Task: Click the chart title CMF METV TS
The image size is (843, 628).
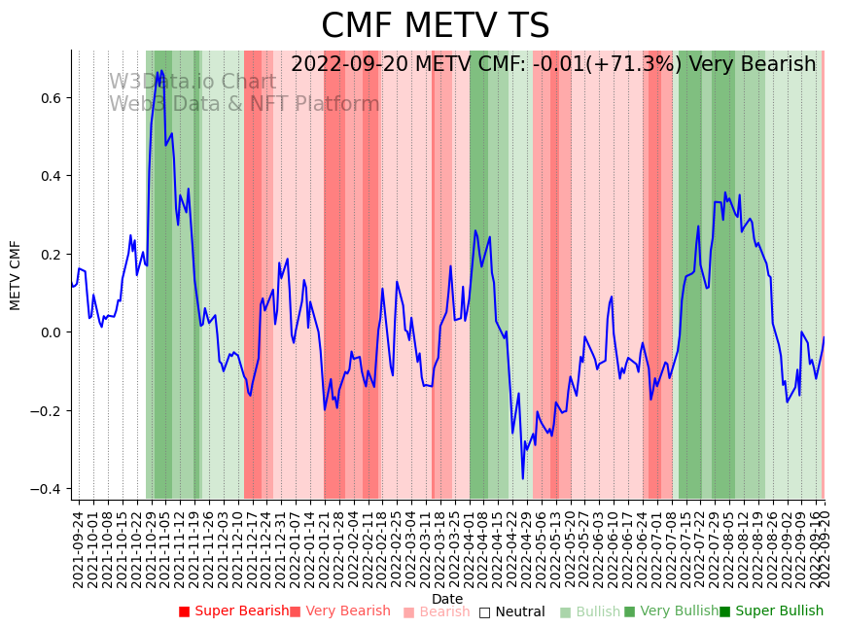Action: (x=435, y=26)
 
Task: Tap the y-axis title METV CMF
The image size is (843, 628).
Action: (x=16, y=275)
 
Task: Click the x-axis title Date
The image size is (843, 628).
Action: (x=447, y=599)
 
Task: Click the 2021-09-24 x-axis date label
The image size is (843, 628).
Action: (x=78, y=548)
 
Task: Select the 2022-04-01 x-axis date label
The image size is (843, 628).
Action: (x=469, y=548)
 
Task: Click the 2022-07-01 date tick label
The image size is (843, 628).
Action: (x=656, y=548)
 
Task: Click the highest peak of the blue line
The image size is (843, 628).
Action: (x=160, y=71)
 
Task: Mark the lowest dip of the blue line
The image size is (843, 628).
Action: (x=522, y=478)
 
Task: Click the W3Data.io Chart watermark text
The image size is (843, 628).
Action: (x=192, y=83)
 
